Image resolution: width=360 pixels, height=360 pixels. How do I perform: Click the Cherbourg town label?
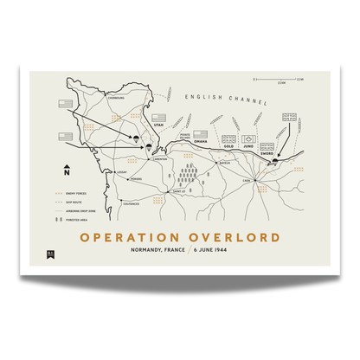click(x=117, y=98)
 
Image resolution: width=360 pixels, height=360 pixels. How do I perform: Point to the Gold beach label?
click(x=228, y=146)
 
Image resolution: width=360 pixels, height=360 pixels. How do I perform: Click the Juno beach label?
click(x=247, y=146)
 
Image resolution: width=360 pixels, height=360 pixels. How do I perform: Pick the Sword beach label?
click(x=267, y=151)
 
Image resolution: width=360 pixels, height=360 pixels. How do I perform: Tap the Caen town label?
click(x=246, y=180)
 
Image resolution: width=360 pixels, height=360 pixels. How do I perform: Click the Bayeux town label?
click(x=223, y=161)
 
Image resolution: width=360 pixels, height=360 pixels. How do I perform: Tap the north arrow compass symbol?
click(x=66, y=170)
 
